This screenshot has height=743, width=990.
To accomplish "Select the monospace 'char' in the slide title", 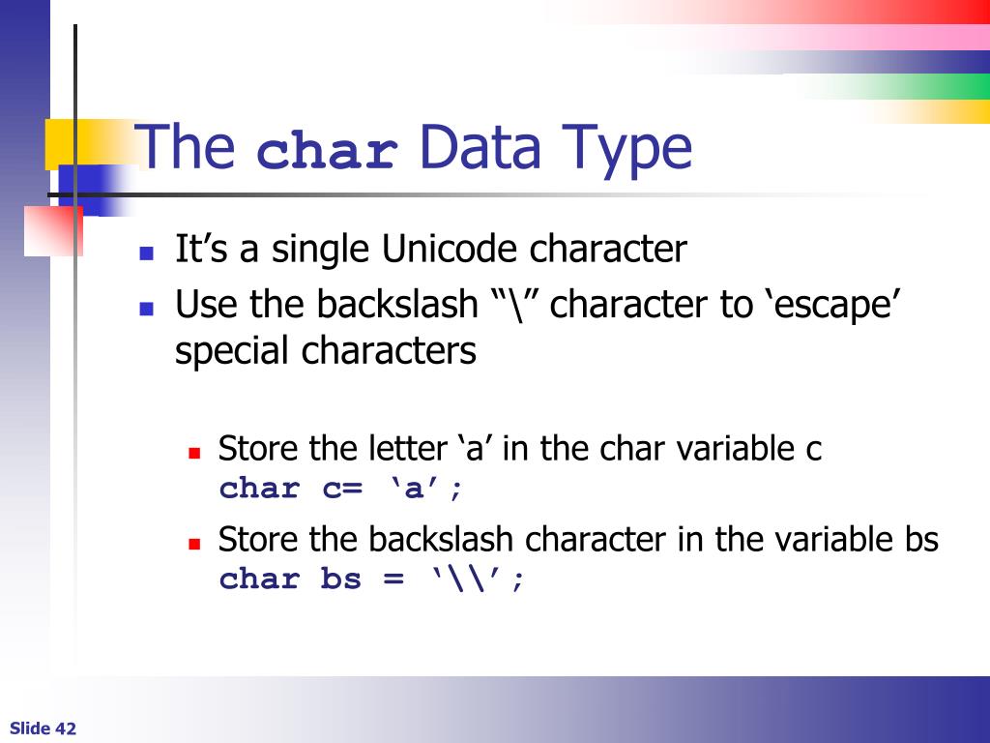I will pyautogui.click(x=329, y=152).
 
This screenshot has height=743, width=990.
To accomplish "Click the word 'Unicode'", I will pyautogui.click(x=451, y=250).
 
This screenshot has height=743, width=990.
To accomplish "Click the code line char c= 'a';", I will pyautogui.click(x=341, y=489).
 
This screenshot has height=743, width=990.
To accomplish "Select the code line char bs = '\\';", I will pyautogui.click(x=372, y=580).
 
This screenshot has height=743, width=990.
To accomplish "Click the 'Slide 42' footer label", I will pyautogui.click(x=44, y=728).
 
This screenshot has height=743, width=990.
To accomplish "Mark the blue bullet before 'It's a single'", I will pyautogui.click(x=147, y=254).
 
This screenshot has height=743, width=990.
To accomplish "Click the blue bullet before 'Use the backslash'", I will pyautogui.click(x=147, y=310).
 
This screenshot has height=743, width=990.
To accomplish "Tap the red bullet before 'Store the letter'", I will pyautogui.click(x=193, y=452).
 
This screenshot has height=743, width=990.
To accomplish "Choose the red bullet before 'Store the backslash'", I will pyautogui.click(x=193, y=543).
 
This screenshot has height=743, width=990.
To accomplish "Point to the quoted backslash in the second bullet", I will pyautogui.click(x=520, y=305).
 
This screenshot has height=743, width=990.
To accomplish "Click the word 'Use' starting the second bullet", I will pyautogui.click(x=207, y=305).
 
